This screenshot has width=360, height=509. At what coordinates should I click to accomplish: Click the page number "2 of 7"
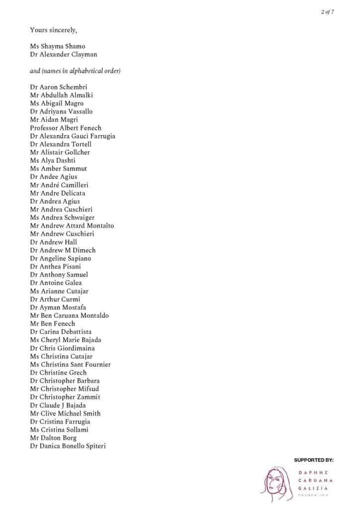click(328, 12)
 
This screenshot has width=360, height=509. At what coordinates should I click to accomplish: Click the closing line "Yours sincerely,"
click(53, 30)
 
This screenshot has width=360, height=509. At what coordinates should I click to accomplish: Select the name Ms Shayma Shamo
click(57, 46)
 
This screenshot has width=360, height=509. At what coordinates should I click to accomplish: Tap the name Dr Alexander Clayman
click(64, 55)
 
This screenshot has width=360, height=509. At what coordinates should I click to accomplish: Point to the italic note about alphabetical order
click(75, 71)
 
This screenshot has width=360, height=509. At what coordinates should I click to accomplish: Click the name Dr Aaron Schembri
click(59, 87)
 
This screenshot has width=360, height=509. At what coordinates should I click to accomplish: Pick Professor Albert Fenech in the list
click(66, 128)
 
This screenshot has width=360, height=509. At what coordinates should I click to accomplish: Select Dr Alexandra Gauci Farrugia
click(73, 136)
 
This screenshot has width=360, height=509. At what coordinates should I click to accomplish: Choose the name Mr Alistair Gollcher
click(60, 152)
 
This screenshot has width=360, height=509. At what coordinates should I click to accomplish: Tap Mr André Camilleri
click(59, 185)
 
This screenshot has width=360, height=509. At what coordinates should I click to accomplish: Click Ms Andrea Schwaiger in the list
click(62, 217)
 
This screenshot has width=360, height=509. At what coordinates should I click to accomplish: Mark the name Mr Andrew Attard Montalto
click(72, 226)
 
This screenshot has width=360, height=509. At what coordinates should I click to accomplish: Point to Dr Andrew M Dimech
click(63, 250)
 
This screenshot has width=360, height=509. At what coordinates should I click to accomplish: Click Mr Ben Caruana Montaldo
click(69, 315)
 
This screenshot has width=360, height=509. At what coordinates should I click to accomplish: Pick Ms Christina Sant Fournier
click(70, 364)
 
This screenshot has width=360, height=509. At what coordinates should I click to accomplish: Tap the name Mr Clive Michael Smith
click(65, 413)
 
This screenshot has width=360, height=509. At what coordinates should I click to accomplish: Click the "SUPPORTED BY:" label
click(313, 460)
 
